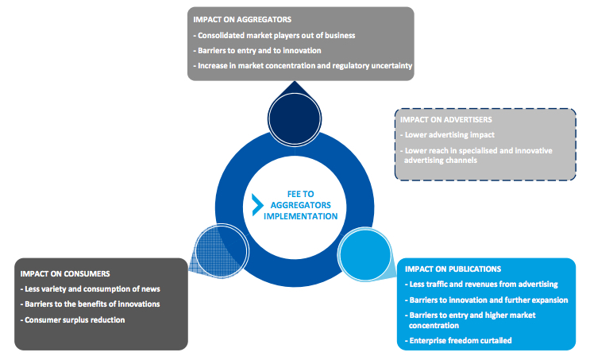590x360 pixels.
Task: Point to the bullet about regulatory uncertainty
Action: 303,66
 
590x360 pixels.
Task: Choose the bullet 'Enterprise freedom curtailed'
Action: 460,340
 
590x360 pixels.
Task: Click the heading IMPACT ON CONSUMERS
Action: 65,273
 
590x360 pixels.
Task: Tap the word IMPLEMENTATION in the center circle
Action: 300,216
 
